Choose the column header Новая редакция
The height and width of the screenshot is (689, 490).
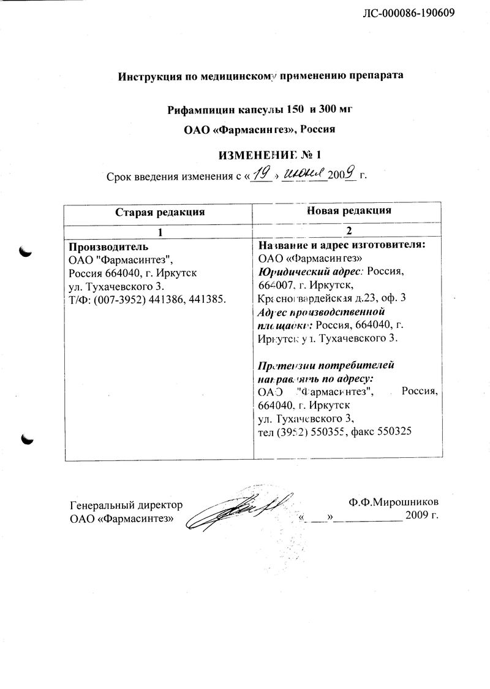point(348,211)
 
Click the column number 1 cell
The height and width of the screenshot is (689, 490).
point(160,232)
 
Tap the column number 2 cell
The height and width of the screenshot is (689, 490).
point(348,232)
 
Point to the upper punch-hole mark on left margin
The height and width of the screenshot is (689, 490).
point(26,251)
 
